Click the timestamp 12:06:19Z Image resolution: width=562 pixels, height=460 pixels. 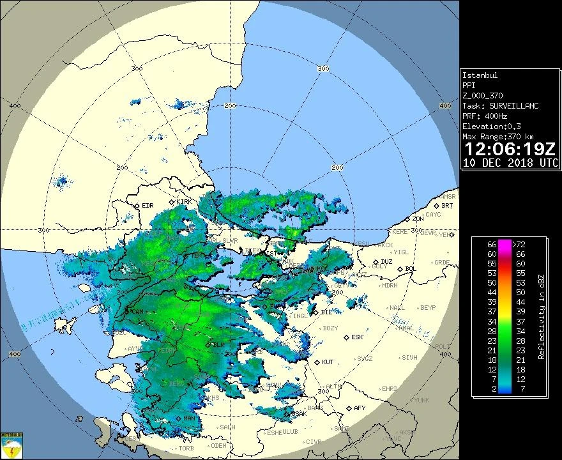(510, 149)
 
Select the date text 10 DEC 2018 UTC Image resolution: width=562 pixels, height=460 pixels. (510, 163)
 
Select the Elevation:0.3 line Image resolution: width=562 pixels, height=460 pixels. (490, 126)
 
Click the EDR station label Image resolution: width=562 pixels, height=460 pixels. (148, 206)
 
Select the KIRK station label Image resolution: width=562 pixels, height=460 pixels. (184, 202)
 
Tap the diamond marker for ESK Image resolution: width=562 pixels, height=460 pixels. (346, 337)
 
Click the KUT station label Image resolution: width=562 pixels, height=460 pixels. (328, 362)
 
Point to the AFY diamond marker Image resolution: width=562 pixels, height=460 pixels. (348, 408)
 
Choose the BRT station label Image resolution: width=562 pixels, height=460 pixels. (447, 206)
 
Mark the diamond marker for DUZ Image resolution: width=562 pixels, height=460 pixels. (375, 262)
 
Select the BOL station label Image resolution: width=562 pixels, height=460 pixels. (410, 269)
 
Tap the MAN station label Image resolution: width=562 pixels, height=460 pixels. (189, 418)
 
